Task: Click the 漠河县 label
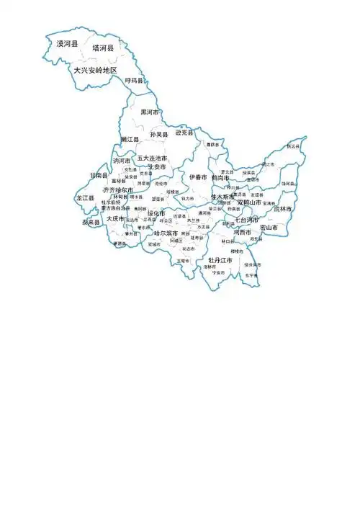(68, 44)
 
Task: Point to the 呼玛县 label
(134, 81)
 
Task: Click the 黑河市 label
(150, 112)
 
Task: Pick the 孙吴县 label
(158, 135)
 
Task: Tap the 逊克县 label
(184, 133)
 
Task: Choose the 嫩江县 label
(130, 138)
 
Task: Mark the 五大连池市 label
(153, 158)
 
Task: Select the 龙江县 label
(85, 197)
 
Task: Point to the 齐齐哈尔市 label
(118, 190)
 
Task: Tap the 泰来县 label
(91, 223)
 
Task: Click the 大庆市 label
(115, 218)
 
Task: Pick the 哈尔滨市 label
(166, 233)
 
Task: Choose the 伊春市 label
(198, 176)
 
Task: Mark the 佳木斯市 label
(222, 197)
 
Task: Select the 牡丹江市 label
(220, 259)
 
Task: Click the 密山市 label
(269, 227)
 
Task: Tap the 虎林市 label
(283, 209)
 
